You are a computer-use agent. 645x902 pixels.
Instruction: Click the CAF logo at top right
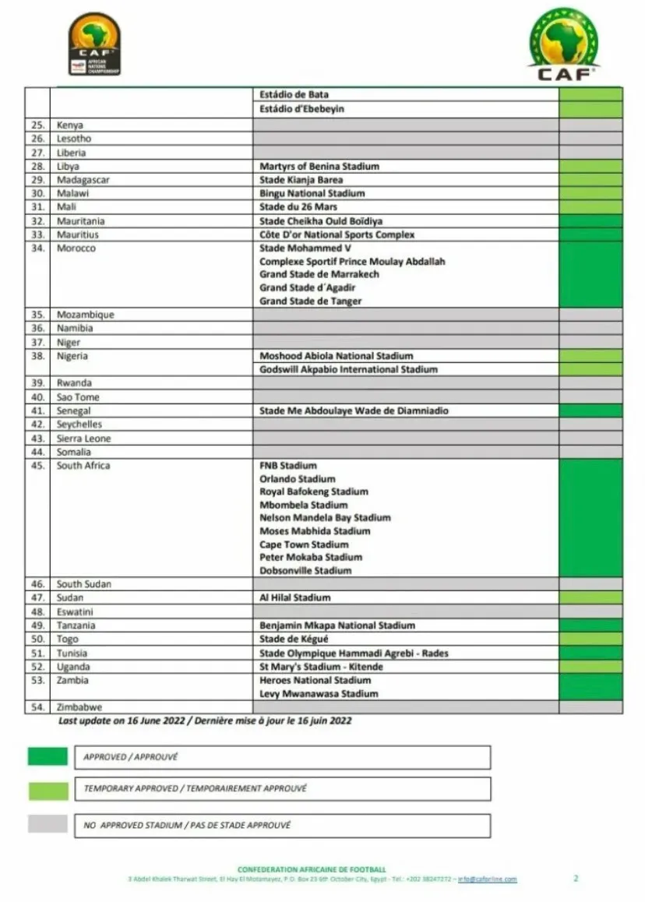[x=564, y=44]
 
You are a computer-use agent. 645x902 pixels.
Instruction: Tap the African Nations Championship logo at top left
[x=94, y=44]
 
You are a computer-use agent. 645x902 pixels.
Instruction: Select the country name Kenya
[x=70, y=125]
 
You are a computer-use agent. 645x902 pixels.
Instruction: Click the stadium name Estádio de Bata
[x=294, y=94]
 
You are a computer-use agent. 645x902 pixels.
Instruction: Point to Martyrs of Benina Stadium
[x=319, y=166]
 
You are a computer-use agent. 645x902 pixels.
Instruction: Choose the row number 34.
[x=37, y=248]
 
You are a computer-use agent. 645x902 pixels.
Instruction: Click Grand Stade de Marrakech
[x=319, y=274]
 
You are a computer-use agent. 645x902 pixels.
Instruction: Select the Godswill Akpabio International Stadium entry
[x=348, y=369]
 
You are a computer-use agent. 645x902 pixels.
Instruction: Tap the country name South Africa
[x=83, y=466]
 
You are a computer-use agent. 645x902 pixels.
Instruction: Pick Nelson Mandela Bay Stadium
[x=325, y=518]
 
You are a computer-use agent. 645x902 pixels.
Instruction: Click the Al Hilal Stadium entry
[x=294, y=597]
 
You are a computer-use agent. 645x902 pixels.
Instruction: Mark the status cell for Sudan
[x=590, y=597]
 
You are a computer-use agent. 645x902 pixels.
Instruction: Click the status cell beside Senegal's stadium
[x=590, y=410]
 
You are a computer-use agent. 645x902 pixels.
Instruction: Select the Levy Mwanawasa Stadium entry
[x=319, y=693]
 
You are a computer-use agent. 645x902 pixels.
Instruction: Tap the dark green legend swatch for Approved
[x=48, y=756]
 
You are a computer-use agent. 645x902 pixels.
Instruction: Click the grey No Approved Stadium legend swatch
[x=48, y=824]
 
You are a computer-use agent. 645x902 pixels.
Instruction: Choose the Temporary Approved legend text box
[x=282, y=788]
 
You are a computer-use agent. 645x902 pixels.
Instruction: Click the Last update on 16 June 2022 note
[x=205, y=721]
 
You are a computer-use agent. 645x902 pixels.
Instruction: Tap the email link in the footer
[x=488, y=879]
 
